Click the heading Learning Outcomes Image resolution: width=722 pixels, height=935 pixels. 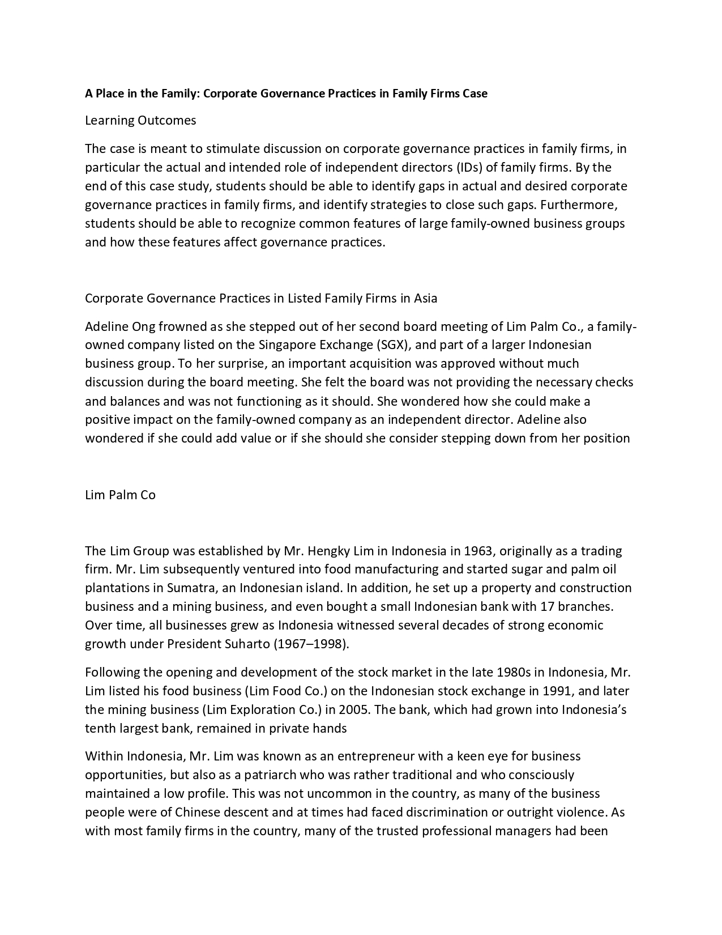point(140,121)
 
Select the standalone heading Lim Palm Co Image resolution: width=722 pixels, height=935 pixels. point(120,495)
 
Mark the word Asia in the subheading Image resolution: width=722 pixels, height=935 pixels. point(425,299)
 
